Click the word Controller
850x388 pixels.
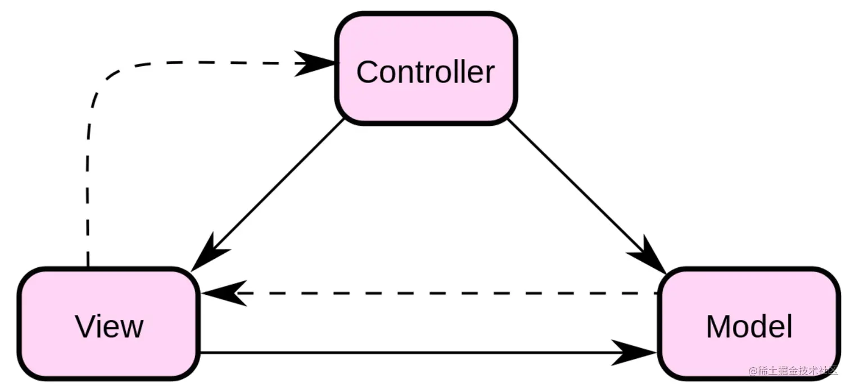coord(426,72)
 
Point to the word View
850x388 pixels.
coord(109,327)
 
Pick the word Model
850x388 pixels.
coord(749,327)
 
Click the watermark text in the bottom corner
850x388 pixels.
coord(793,371)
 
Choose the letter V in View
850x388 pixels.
coord(84,327)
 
